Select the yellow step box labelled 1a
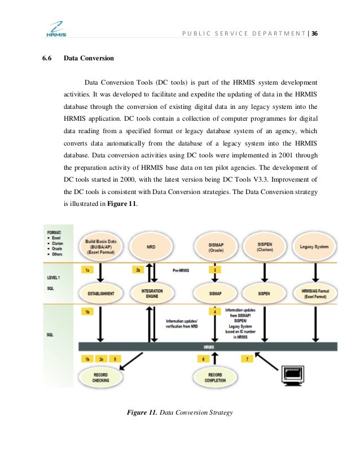click(x=87, y=270)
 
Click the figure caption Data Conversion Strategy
click(x=196, y=413)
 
